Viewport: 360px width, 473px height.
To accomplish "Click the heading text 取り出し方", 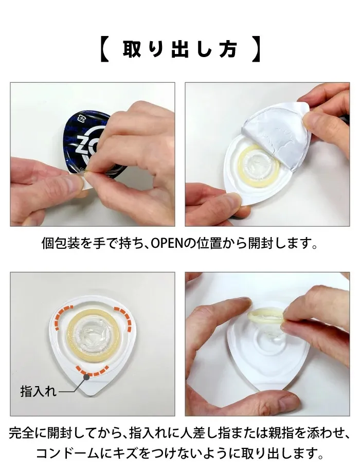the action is point(180,49).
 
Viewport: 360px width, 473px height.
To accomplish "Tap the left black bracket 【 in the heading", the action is point(104,49).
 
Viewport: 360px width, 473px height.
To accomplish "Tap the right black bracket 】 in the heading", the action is point(256,49).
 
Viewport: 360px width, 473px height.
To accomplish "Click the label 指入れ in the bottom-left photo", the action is point(39,391).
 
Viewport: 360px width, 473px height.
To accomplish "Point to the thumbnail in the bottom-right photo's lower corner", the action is point(288,401).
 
